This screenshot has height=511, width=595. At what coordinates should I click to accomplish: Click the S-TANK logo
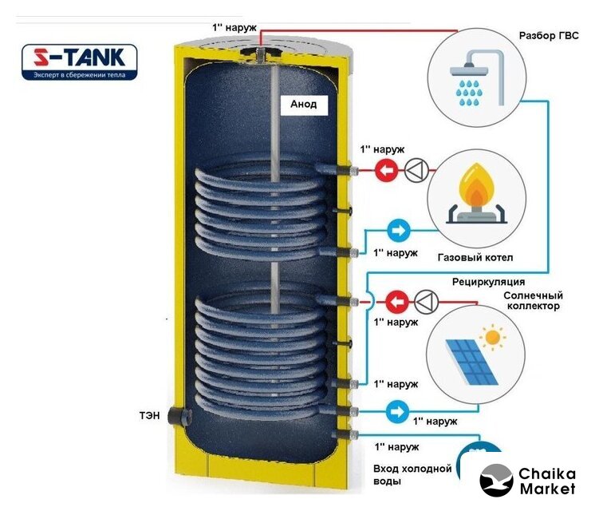80,63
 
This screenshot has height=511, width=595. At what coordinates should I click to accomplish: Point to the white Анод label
303,105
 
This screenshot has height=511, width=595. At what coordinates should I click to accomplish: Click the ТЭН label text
149,416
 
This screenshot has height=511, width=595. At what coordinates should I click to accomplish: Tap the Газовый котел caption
475,258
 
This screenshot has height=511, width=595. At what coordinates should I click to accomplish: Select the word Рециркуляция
488,281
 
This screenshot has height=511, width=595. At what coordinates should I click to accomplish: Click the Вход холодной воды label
412,475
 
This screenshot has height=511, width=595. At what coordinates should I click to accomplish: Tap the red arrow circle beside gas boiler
386,169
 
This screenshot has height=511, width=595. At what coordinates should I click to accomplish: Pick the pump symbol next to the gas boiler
417,169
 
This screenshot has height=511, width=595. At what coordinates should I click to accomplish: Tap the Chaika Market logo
528,480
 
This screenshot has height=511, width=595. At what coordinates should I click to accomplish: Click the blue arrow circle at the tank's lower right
397,411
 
